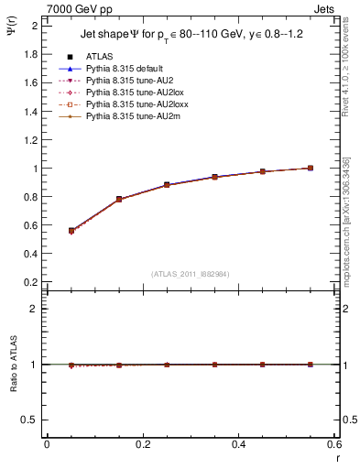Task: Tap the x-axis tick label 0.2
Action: [142, 444]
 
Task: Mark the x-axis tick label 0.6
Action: [334, 444]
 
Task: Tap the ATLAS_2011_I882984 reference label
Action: [189, 274]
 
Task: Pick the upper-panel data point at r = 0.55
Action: [311, 168]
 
